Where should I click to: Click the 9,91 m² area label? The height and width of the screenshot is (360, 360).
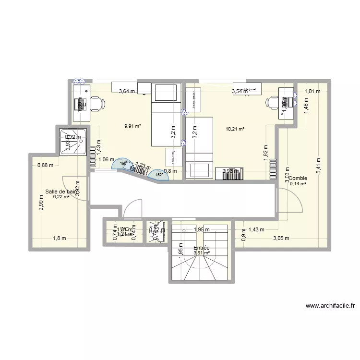132,127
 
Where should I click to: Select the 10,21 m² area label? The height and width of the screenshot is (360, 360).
235,129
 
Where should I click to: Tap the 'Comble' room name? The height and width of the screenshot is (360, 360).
298,178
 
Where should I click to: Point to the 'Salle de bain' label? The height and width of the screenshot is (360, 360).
61,192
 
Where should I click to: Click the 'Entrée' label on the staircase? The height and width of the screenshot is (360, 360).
202,248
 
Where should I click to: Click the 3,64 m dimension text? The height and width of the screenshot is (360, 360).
127,91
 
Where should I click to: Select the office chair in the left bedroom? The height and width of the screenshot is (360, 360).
97,103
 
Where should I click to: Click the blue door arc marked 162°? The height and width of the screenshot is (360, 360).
159,175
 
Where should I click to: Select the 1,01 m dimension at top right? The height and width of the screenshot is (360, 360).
312,91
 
